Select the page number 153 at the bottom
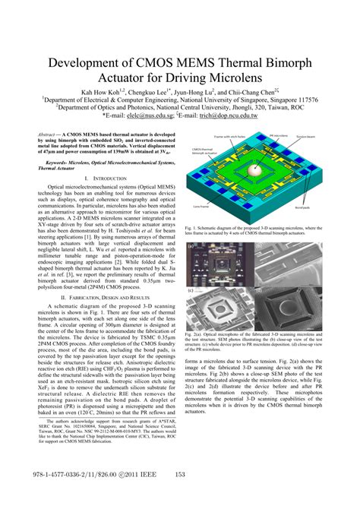tap(180, 495)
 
